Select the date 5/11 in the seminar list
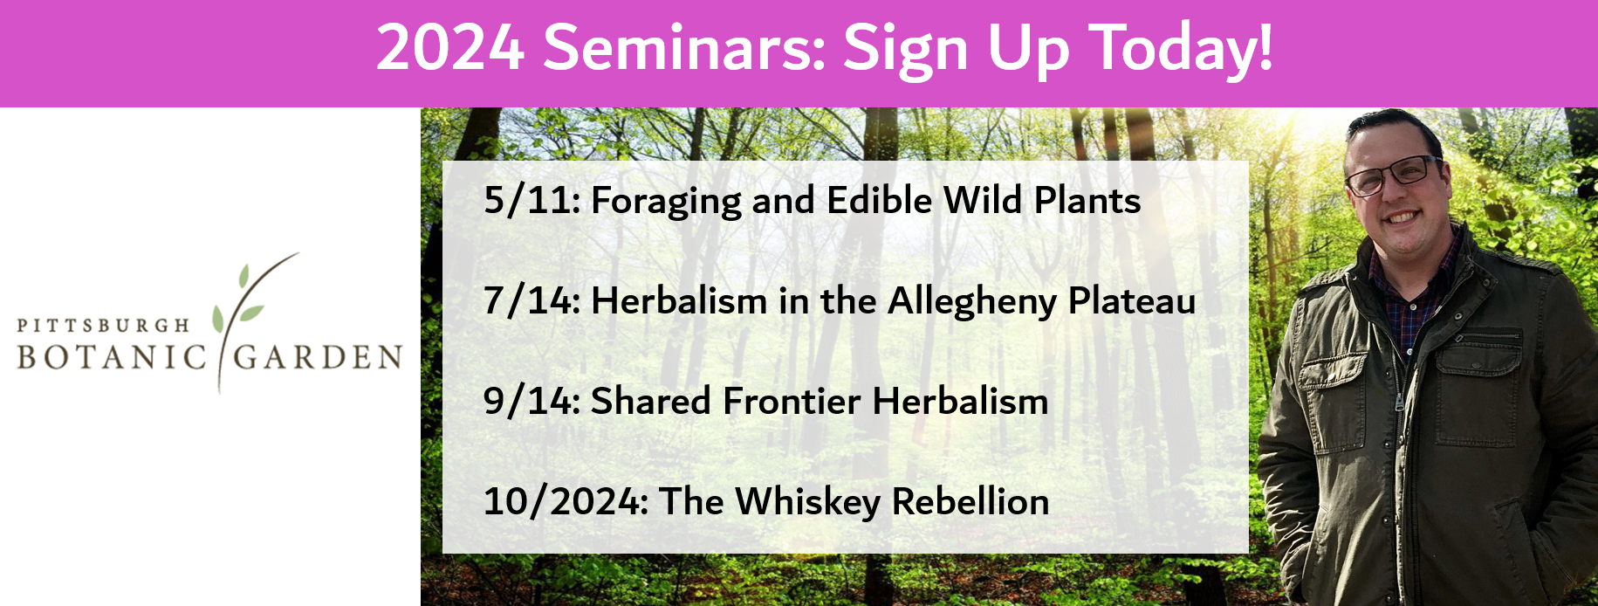[x=532, y=201]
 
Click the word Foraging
[x=666, y=203]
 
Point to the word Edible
[x=879, y=200]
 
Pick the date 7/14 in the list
[x=532, y=301]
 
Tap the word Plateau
[x=1133, y=301]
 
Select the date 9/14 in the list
[x=532, y=402]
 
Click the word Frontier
[x=792, y=402]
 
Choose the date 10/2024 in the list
[x=566, y=502]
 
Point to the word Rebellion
[x=970, y=502]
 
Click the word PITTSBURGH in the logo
[x=103, y=326]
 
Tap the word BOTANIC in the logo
[x=112, y=358]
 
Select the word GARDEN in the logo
[x=318, y=358]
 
